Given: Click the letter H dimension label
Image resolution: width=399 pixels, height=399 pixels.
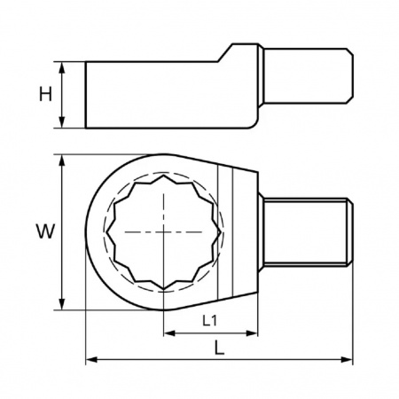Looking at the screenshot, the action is (45, 94).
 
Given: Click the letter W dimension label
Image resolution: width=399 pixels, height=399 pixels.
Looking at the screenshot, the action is (45, 231).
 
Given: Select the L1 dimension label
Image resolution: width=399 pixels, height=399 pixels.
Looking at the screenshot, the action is (210, 320).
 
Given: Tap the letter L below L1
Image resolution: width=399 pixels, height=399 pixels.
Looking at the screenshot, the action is (219, 348).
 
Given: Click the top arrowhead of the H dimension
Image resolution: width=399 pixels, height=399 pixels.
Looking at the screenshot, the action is (62, 67).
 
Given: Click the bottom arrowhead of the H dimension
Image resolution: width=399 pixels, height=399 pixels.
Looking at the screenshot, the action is (62, 122).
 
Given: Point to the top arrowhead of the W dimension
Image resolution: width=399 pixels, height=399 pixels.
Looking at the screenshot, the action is (62, 160).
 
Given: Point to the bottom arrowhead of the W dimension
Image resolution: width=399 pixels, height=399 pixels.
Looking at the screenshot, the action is (62, 304).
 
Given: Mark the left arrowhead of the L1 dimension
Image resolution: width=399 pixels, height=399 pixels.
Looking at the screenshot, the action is (169, 333).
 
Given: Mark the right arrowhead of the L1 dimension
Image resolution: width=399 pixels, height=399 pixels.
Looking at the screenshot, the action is (252, 333).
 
